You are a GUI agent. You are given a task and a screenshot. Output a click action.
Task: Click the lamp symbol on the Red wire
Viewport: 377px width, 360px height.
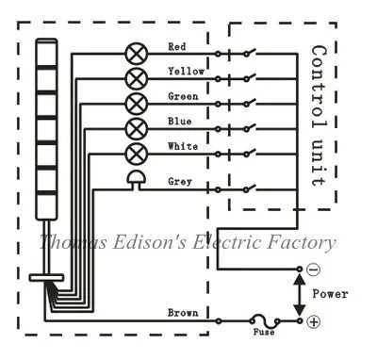(x=136, y=54)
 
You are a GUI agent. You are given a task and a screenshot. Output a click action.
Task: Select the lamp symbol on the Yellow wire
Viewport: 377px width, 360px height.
(x=136, y=78)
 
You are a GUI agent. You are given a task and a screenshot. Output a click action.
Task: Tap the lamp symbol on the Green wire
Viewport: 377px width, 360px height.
(x=136, y=104)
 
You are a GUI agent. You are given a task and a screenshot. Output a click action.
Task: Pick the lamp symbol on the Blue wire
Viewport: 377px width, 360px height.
(x=136, y=128)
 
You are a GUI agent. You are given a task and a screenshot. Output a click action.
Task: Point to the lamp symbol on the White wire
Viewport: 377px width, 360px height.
(x=136, y=154)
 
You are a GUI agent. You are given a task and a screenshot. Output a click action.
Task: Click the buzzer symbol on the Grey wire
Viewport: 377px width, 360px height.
(x=136, y=180)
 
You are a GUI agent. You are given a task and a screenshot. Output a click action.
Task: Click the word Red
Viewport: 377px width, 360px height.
(x=177, y=47)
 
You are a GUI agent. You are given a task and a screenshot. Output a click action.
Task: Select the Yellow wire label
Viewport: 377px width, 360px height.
(x=187, y=72)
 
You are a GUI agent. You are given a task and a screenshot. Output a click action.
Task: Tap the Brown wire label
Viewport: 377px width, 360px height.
(x=183, y=313)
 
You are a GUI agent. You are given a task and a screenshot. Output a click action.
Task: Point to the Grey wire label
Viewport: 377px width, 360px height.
(x=180, y=182)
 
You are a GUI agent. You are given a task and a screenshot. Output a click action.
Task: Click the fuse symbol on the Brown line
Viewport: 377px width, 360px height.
(x=265, y=320)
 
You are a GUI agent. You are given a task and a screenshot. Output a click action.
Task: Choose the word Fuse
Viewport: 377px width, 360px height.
(x=264, y=332)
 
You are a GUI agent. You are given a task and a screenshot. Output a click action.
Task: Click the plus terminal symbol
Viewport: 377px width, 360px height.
(x=313, y=321)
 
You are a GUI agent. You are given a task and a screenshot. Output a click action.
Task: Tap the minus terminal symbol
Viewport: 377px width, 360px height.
(x=313, y=270)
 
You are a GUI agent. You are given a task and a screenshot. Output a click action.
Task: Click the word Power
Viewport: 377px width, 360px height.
(x=330, y=294)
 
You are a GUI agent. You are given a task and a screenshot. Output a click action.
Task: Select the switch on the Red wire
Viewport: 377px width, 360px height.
(x=250, y=53)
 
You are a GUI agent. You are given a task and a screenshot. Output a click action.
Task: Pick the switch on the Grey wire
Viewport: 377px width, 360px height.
(x=250, y=188)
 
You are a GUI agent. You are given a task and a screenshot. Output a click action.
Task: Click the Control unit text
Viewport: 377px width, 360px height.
(x=319, y=116)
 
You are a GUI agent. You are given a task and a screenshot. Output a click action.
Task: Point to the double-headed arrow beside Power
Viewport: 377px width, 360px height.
(x=300, y=295)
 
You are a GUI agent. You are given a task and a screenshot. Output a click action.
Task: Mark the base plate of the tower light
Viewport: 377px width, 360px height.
(x=46, y=278)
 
